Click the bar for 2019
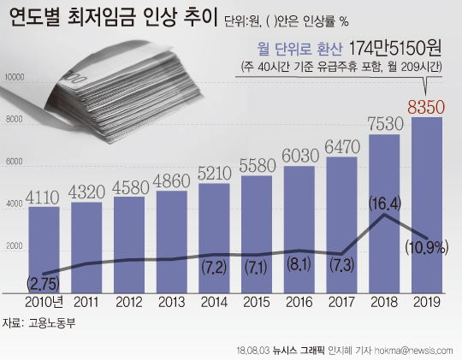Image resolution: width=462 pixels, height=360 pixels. (427, 205)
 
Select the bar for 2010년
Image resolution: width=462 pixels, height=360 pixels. (44, 250)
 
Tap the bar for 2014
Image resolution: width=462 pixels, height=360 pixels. (214, 239)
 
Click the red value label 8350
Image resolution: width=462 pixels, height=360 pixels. (426, 107)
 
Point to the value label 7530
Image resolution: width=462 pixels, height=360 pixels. (385, 124)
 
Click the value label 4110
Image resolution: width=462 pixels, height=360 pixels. (43, 197)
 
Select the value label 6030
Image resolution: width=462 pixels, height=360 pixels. (300, 156)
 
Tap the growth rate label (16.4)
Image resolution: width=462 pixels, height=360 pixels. (385, 204)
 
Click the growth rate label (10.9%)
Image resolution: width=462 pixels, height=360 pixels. (427, 247)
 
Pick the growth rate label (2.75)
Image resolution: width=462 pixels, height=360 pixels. (43, 284)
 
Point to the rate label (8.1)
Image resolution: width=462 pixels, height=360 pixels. (299, 264)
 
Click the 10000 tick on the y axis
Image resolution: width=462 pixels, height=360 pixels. (15, 78)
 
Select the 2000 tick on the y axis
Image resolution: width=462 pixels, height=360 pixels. (15, 245)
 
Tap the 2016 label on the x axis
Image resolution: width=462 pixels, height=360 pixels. (299, 302)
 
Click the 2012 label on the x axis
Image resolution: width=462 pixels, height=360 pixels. (129, 302)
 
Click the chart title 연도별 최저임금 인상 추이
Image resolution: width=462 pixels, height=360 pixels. (114, 17)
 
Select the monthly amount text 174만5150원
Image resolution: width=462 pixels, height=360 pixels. (394, 49)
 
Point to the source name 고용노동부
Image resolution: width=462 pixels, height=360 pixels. (52, 322)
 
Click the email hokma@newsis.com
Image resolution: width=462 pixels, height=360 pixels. (414, 351)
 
